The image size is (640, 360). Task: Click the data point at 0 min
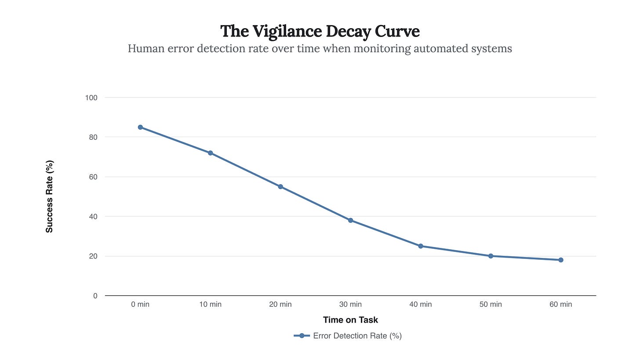(140, 127)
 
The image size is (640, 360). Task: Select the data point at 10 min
(210, 153)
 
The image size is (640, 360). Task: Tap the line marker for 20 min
(280, 187)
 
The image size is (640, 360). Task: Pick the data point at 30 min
(350, 220)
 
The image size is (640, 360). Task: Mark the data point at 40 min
(421, 246)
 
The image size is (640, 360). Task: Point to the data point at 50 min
(491, 256)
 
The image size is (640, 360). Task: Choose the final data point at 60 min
(561, 260)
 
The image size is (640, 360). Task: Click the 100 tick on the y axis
(91, 98)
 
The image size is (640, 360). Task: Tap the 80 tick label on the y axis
(93, 137)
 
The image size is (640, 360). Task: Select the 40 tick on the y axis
(93, 216)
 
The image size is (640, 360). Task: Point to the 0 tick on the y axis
(95, 296)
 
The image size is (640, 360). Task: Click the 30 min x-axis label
(350, 304)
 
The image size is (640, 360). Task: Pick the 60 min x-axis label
(561, 304)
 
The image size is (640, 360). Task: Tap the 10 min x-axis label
(210, 304)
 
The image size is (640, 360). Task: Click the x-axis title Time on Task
(350, 320)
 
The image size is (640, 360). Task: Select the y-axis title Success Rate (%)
(49, 196)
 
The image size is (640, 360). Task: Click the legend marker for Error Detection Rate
(302, 336)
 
